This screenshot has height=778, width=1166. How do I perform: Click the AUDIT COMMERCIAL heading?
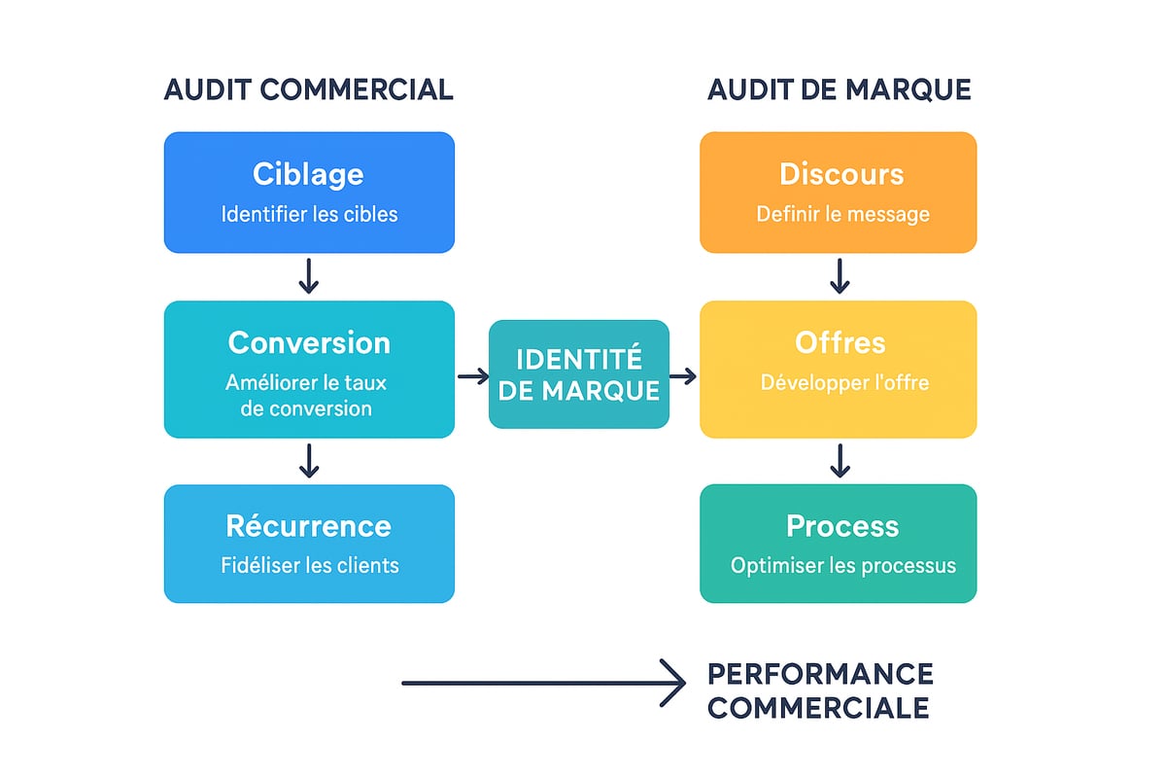pos(308,89)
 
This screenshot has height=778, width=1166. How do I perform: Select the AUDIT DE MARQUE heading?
pos(839,89)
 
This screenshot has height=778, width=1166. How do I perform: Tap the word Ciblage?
pos(308,174)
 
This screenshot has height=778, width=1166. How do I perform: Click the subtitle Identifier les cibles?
pos(309,214)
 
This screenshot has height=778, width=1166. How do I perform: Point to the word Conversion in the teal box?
pos(309,342)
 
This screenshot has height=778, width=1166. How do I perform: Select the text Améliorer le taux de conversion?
pos(306,395)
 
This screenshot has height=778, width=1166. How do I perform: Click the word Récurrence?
pos(308,526)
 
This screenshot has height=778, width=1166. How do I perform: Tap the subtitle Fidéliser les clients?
pos(309,565)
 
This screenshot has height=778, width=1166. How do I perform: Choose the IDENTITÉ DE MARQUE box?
pos(578,374)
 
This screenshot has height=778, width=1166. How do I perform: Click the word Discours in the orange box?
pos(841,174)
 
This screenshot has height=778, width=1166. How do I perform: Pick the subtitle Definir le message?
pos(842,214)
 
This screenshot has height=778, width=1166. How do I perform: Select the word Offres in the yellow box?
pos(840,342)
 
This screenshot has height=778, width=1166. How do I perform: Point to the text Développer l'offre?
pos(844,382)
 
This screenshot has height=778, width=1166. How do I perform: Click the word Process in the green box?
pos(842,526)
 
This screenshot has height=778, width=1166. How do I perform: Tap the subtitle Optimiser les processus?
pos(843,565)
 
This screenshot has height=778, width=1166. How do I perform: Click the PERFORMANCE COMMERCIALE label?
pos(819,690)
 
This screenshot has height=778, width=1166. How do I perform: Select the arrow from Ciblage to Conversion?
pos(308,276)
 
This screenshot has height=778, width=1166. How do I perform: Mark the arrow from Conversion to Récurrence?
pos(308,460)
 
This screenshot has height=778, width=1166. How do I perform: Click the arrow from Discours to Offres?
pos(840,276)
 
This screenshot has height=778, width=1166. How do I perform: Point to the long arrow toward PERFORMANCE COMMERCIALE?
pos(544,683)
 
